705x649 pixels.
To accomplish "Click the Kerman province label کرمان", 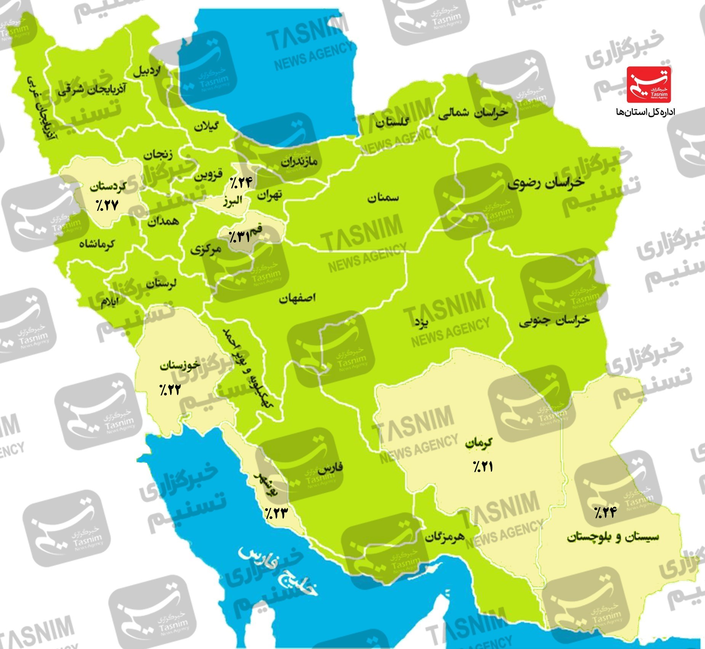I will pos(479,443).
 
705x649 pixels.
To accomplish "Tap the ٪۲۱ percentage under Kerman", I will pos(483,466).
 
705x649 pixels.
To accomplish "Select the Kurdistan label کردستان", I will pos(108,186).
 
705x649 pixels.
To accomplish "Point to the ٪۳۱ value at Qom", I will pos(239,237).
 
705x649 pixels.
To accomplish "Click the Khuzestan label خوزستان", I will pos(180,365).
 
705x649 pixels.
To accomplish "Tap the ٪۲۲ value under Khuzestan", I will pos(170,389).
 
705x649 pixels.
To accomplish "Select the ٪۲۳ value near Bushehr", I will pos(276,513).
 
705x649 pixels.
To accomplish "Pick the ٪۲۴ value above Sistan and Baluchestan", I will pos(605,512).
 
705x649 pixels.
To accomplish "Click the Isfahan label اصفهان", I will pos(297,298).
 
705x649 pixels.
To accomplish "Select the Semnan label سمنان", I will pos(383,198).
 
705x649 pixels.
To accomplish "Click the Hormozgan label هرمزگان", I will pos(445,537).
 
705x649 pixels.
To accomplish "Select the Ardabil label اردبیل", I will pos(147,71).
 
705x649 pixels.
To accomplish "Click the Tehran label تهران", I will pos(270,196).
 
